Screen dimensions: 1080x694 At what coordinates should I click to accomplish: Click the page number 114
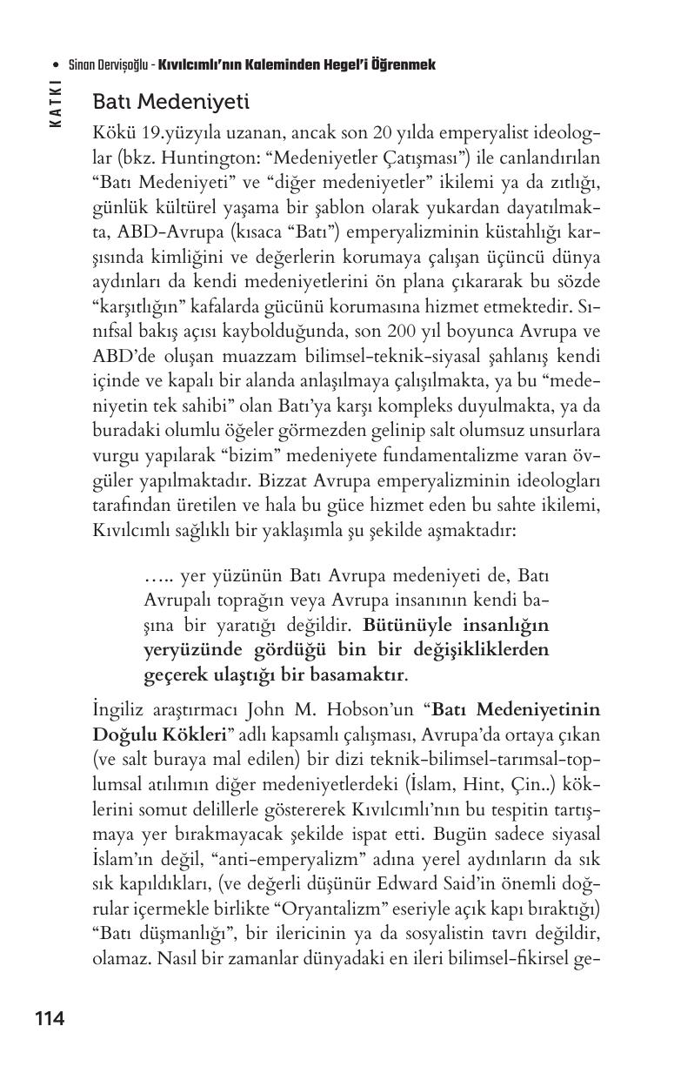[50, 1018]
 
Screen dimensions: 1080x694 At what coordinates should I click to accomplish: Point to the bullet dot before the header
[56, 65]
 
